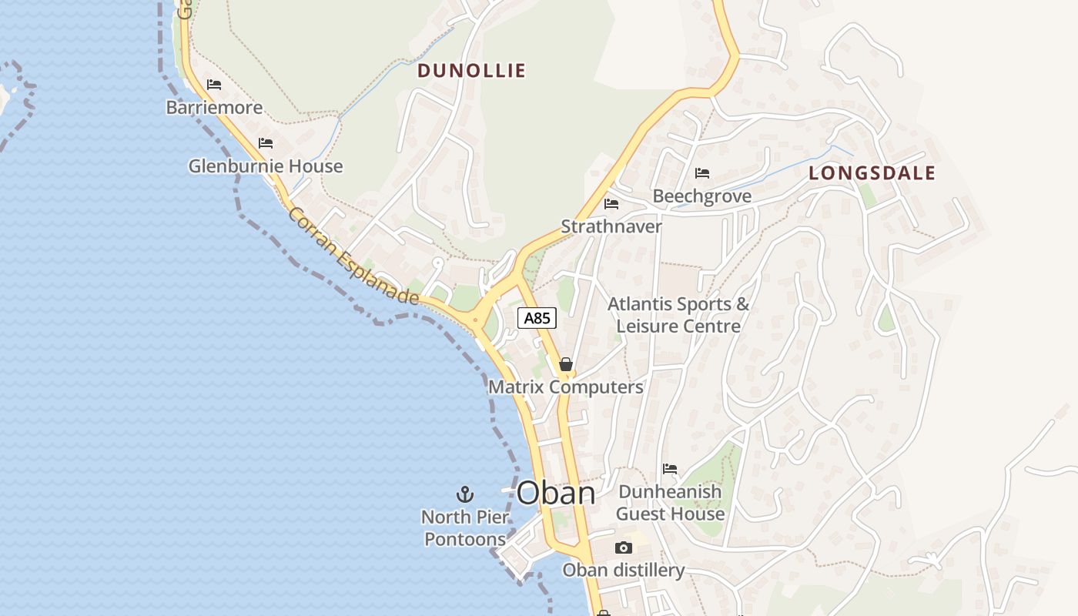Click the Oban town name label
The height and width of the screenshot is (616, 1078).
tap(556, 494)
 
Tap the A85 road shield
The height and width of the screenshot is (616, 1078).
tap(537, 318)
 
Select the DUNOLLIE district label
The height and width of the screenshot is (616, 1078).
tap(471, 71)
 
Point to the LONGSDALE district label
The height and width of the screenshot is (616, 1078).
tap(872, 173)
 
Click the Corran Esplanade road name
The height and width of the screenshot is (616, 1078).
tap(353, 256)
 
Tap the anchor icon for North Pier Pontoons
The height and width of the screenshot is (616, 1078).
tap(464, 494)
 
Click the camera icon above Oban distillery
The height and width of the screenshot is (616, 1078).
tap(624, 547)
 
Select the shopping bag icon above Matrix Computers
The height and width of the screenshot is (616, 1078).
tap(566, 364)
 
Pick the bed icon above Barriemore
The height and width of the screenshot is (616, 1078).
tap(214, 84)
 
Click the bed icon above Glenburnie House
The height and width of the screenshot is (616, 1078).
tap(266, 142)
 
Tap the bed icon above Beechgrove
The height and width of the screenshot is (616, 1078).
tap(702, 172)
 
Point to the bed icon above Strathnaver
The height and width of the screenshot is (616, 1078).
tap(611, 203)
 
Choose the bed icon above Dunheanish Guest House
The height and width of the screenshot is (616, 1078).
tap(670, 468)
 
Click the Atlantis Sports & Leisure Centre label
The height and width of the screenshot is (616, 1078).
tap(678, 315)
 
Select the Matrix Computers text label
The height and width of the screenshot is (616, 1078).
tap(566, 387)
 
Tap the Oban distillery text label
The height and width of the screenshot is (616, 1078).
tap(624, 571)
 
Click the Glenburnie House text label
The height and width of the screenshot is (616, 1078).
tap(266, 166)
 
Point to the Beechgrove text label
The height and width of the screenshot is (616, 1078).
tap(702, 196)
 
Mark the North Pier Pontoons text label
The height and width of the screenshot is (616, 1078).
tap(464, 527)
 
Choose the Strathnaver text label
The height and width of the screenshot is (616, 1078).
tap(611, 226)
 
